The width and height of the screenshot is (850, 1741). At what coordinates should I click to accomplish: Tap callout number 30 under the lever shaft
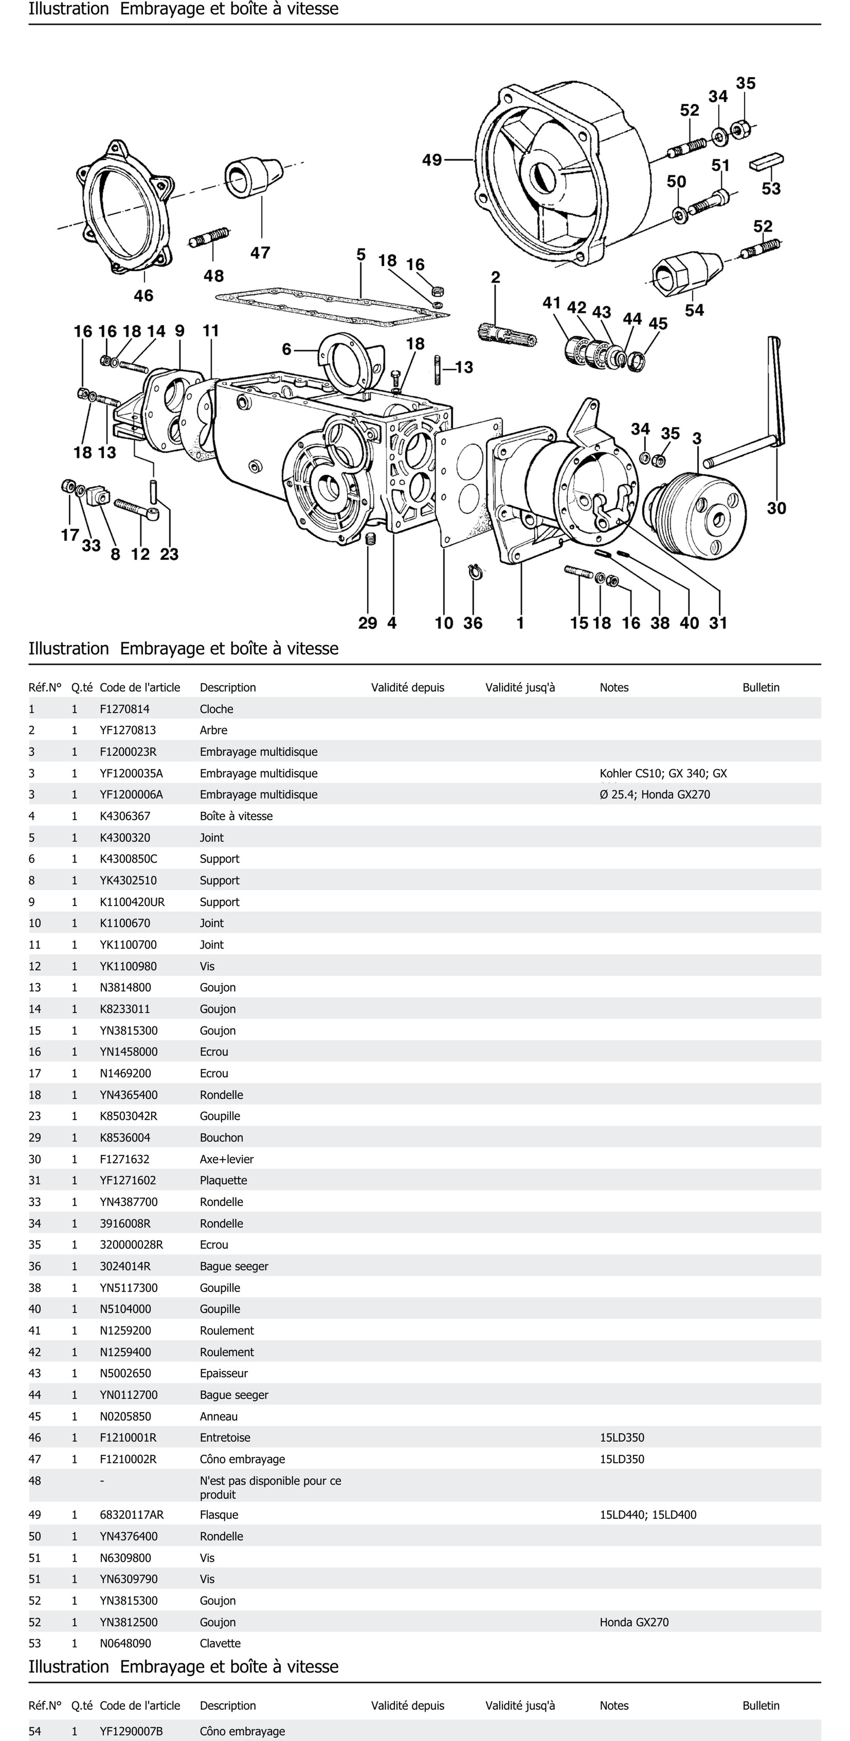click(776, 508)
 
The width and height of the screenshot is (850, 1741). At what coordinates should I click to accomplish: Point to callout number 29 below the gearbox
click(368, 623)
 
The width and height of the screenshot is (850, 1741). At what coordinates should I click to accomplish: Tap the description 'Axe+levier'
click(226, 1159)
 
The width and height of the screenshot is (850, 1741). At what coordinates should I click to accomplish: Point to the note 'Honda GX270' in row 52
click(634, 1622)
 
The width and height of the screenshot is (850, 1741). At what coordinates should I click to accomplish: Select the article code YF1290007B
click(131, 1731)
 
